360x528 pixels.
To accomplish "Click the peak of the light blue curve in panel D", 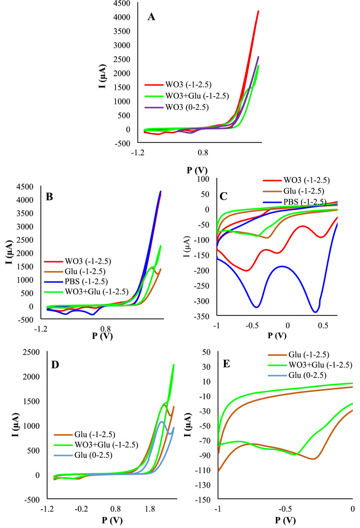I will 162,422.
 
